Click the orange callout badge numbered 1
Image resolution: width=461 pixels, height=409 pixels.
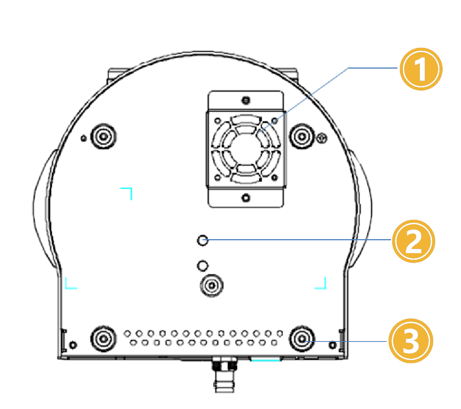(x=421, y=69)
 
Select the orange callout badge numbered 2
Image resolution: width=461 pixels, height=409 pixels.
(x=413, y=241)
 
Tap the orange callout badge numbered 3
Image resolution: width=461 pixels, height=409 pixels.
(x=410, y=341)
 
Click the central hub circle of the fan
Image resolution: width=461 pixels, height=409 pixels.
(x=246, y=149)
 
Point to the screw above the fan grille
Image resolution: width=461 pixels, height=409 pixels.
(x=246, y=100)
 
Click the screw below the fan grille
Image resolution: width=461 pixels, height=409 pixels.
(x=246, y=198)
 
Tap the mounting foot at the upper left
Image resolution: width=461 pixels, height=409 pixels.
(x=103, y=136)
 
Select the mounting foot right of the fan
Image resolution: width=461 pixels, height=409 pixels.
(x=302, y=136)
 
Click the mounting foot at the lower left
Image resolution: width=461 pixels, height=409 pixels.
(x=103, y=338)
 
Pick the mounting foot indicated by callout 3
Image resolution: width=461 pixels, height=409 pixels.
(x=302, y=338)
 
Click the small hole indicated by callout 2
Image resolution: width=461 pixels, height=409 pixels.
(x=202, y=240)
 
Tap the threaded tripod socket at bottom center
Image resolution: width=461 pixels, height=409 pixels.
(x=212, y=285)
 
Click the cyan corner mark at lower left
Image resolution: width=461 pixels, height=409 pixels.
(x=70, y=284)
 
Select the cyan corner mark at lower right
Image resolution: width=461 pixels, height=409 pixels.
(x=321, y=284)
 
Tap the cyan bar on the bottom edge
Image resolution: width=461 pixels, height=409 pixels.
(x=265, y=359)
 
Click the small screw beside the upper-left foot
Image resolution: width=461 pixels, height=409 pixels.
(x=84, y=138)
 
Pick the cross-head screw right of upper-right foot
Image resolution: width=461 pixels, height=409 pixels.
(x=322, y=138)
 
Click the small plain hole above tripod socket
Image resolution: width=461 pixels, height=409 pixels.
(x=202, y=265)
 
